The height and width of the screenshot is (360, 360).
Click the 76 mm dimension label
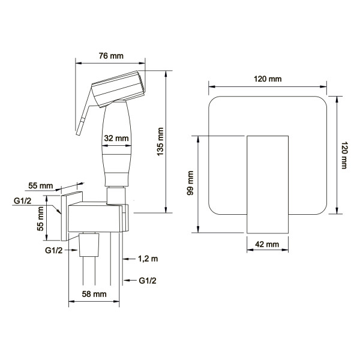(111, 56)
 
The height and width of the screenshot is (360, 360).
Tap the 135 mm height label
(160, 142)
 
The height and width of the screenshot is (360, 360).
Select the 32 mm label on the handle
(116, 138)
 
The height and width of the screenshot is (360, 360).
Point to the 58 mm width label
(94, 294)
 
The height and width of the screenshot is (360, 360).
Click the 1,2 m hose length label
(148, 259)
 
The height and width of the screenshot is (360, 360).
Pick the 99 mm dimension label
(190, 183)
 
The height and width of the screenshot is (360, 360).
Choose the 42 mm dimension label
(267, 244)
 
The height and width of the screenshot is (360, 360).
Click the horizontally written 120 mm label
(268, 79)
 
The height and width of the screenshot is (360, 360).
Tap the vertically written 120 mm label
(344, 155)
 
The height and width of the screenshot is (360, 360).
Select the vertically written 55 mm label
(40, 218)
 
